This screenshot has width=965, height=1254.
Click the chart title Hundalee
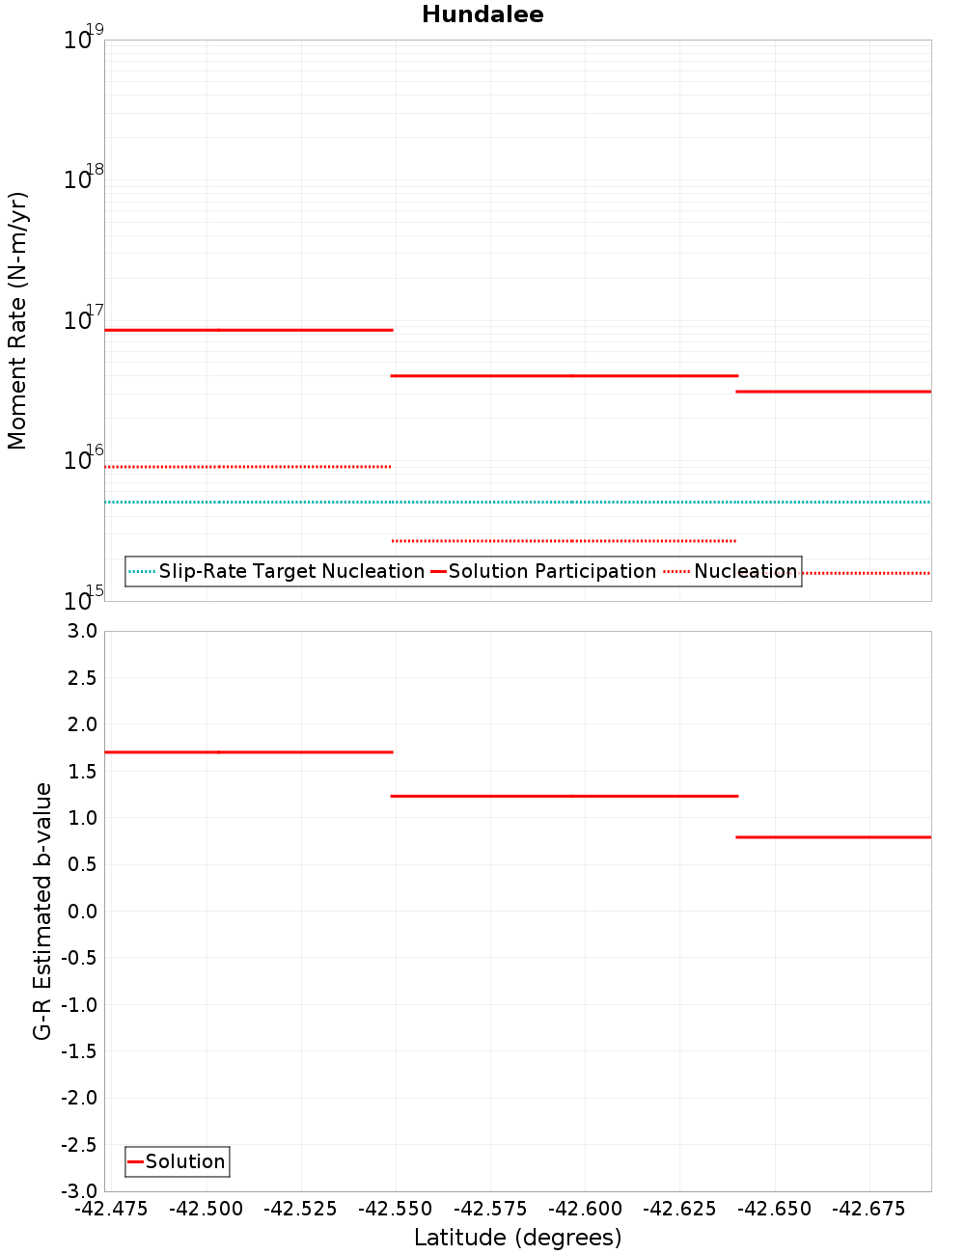(482, 14)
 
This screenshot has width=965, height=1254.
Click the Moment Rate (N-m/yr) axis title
(17, 320)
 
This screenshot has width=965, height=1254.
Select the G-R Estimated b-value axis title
(42, 912)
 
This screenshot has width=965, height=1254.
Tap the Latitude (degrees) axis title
(517, 1238)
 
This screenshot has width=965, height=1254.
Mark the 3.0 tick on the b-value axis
(81, 631)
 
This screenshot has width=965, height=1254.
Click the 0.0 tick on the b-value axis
(81, 912)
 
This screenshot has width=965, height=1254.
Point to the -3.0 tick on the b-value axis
(79, 1191)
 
